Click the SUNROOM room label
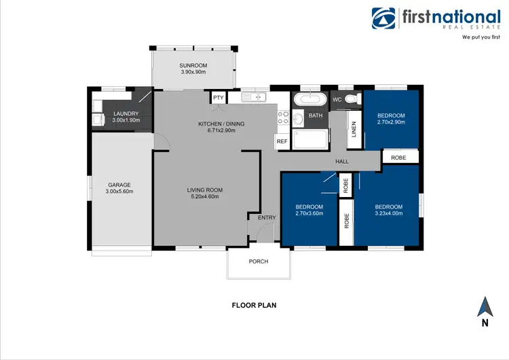[193, 65]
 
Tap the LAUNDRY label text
[126, 113]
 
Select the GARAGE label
[119, 185]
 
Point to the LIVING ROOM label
[205, 190]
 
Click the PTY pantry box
[218, 98]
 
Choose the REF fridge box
[282, 141]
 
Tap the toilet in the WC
[351, 100]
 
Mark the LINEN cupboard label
[354, 129]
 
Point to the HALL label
[341, 161]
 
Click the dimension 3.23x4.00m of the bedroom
[388, 213]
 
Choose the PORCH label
[259, 262]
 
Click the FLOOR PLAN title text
[254, 306]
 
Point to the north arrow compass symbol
[485, 308]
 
